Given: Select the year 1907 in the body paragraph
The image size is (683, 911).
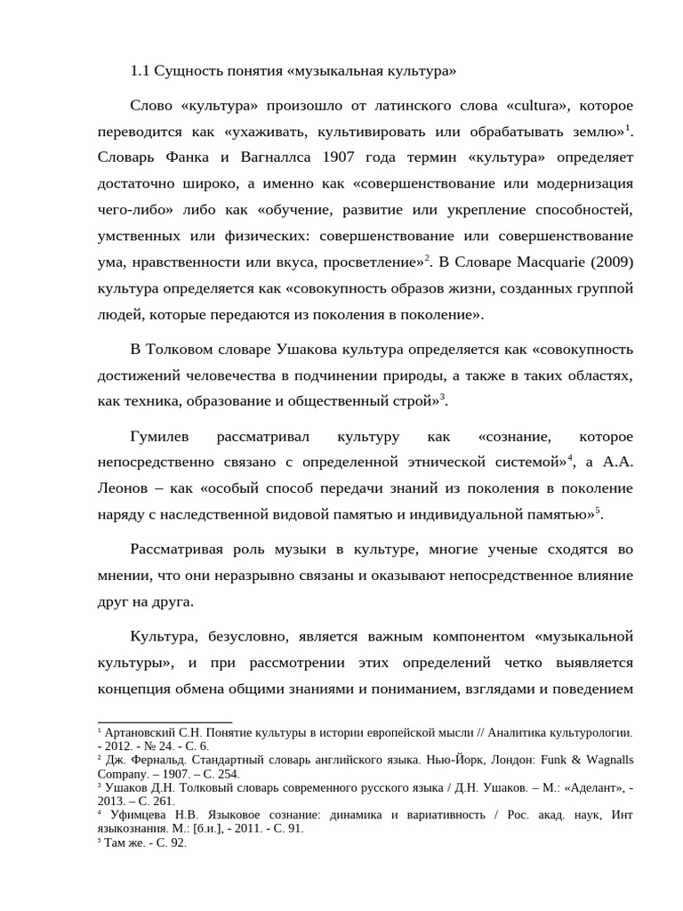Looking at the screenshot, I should click(x=344, y=158).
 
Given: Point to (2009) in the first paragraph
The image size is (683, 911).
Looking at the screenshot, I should click(x=608, y=262).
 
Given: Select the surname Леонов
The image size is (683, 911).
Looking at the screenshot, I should click(x=125, y=488).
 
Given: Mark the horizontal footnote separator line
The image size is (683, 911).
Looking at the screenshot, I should click(x=165, y=722).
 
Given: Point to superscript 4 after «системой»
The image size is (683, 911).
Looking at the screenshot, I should click(x=571, y=458).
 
